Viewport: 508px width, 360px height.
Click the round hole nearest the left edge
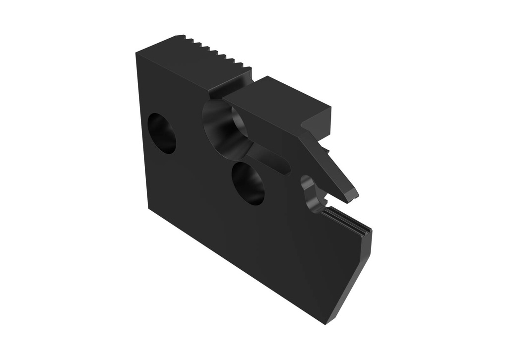tap(162, 133)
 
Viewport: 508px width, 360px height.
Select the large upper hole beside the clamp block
tap(224, 128)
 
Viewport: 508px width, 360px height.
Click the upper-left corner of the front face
tap(136, 53)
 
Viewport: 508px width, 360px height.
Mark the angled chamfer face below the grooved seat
tap(355, 278)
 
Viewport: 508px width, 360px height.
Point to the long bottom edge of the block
tap(238, 268)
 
